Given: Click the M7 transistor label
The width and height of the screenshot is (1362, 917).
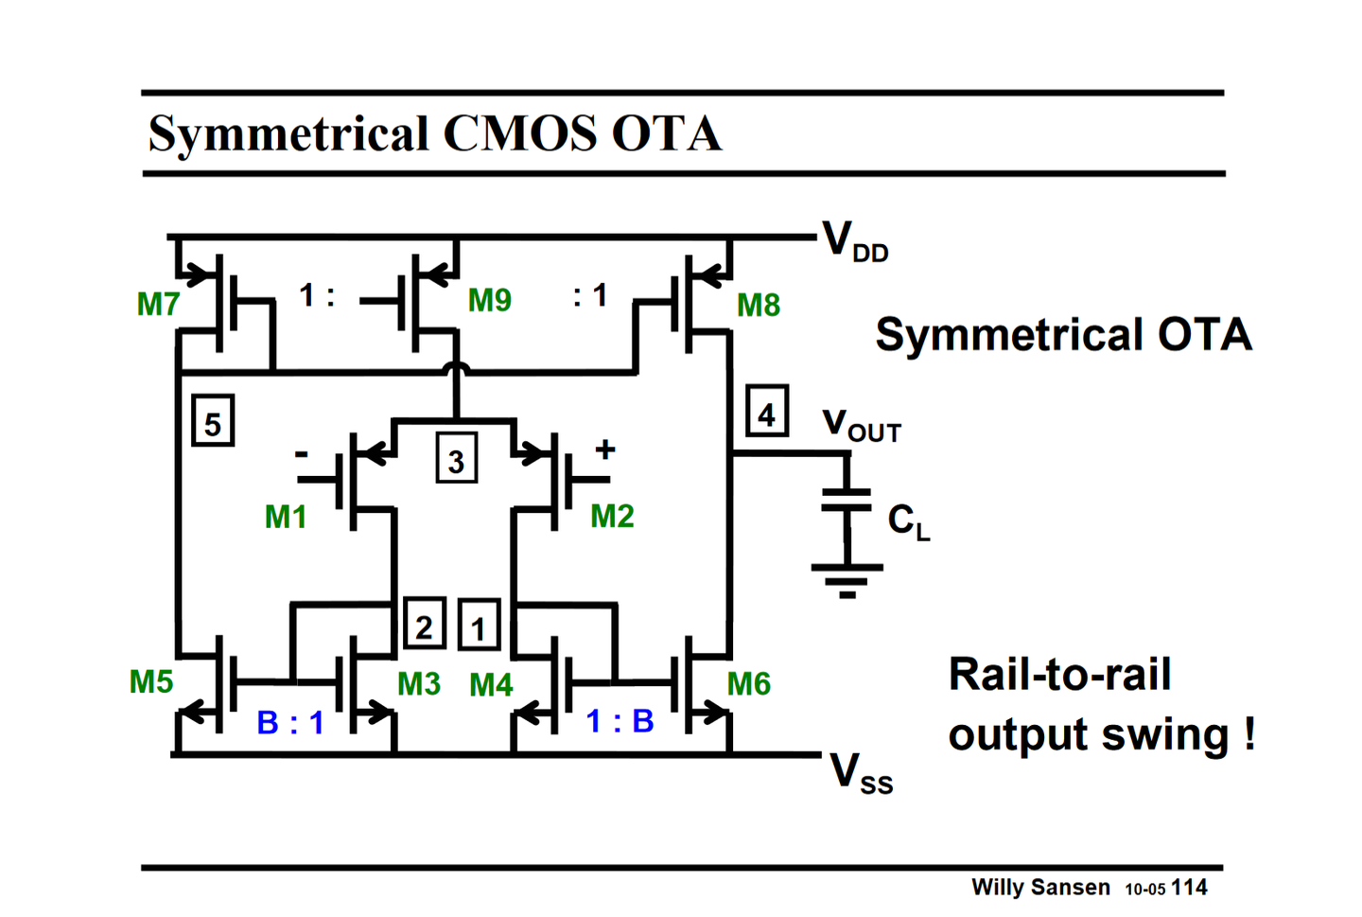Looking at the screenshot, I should (158, 305).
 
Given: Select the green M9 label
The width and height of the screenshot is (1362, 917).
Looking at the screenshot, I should (489, 300).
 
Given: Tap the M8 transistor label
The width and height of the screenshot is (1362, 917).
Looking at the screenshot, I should (758, 305).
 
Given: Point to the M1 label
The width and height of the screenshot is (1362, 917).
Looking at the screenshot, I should (286, 517).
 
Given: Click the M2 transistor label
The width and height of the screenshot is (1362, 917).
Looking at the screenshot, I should (612, 516).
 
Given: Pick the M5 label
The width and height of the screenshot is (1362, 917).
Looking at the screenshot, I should (151, 681).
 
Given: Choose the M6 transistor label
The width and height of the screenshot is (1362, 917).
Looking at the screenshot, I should (748, 683).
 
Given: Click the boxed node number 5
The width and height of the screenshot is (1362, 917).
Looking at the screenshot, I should (213, 422).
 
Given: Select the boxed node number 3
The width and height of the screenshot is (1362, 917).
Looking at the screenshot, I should (456, 460).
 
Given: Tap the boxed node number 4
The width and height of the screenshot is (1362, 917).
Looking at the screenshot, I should (766, 413).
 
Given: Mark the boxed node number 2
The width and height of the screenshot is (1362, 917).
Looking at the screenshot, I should (424, 626).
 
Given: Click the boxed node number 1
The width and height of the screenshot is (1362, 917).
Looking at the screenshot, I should (479, 626).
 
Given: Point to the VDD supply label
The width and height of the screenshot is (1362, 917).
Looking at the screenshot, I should (854, 241).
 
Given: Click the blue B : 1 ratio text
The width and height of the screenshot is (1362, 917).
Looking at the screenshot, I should (290, 723).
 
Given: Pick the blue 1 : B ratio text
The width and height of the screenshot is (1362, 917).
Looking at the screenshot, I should (620, 721).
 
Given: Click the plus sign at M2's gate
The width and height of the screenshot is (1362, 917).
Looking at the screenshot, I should (605, 450).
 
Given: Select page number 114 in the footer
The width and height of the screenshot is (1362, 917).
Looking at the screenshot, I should (1189, 888).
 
